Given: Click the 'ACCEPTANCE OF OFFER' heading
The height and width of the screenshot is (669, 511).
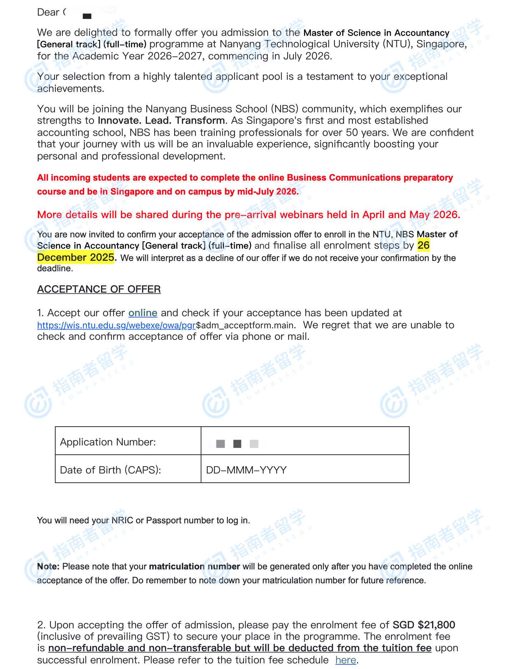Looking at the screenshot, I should coord(99,289).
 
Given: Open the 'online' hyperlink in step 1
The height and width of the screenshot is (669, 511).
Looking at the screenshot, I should coord(143,313).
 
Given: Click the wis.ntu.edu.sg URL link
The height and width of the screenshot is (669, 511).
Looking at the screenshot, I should coord(116,325).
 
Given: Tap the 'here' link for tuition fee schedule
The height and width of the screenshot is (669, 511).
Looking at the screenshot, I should coord(345,660).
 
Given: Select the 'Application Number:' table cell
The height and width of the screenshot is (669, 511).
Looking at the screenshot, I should coord(128,442).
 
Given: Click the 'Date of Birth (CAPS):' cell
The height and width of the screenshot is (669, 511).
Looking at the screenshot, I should coord(128,470).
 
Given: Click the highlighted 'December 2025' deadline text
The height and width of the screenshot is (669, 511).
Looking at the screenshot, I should coord(76,257).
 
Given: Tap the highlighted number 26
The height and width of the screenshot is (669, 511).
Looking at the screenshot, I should coord(424,245).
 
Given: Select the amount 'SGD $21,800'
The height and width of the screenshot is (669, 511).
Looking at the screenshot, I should coord(424,625).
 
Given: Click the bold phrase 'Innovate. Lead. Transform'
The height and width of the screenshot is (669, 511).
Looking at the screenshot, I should coord(161,121).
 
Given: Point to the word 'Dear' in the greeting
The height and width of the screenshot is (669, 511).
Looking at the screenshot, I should coord(48,12).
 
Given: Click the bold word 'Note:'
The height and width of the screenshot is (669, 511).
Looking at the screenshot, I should coord(49,567).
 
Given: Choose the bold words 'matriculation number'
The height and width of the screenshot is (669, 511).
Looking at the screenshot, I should coord(194,567).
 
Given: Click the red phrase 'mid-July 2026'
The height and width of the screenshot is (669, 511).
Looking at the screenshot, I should coord(267,192).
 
